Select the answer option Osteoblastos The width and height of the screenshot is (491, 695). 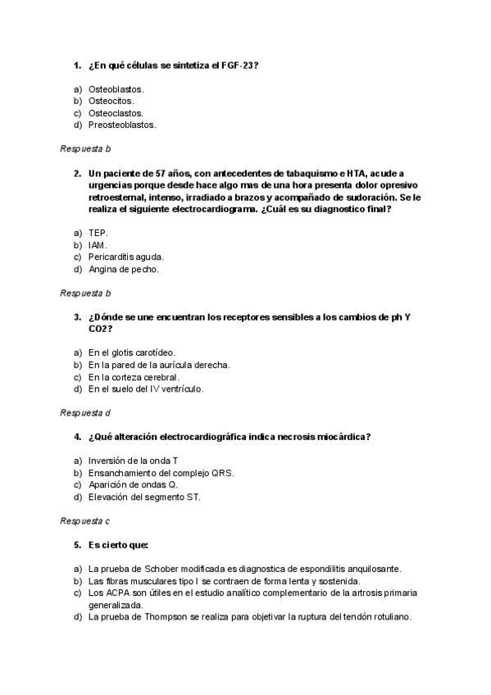(116, 89)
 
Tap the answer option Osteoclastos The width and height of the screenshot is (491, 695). (116, 113)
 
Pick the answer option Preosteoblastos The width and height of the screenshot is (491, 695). (122, 125)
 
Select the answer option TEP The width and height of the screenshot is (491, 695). (98, 233)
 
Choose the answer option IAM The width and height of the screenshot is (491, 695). (98, 245)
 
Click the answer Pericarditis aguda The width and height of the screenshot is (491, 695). (126, 257)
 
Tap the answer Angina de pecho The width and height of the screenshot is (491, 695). (124, 270)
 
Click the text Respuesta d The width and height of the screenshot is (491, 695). (85, 413)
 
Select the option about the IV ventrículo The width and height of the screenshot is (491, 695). (146, 389)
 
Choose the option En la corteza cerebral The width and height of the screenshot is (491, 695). (133, 377)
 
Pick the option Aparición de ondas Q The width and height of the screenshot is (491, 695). (133, 484)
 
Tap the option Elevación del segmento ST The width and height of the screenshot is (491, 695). (144, 497)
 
